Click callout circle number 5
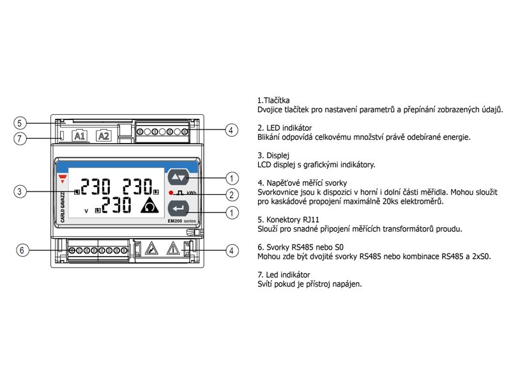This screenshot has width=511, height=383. [x=20, y=123]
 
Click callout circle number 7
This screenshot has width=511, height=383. [x=20, y=139]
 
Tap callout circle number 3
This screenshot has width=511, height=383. [x=20, y=191]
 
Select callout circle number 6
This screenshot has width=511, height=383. [x=22, y=250]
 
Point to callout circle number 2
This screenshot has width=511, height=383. [x=232, y=195]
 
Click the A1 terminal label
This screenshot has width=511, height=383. [x=80, y=136]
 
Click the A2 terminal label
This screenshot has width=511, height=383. [x=103, y=136]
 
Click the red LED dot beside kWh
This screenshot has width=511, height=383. [x=171, y=193]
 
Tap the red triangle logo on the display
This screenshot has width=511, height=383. [x=63, y=179]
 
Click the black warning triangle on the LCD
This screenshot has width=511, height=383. [x=149, y=206]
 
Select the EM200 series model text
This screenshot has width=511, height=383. [x=182, y=221]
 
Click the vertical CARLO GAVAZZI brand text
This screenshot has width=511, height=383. [x=63, y=207]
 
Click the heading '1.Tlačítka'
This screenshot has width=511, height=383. [x=273, y=100]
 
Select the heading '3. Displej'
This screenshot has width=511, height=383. [x=273, y=155]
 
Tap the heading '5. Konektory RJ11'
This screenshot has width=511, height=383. [x=289, y=220]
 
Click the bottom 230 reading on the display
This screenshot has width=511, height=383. [x=116, y=205]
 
